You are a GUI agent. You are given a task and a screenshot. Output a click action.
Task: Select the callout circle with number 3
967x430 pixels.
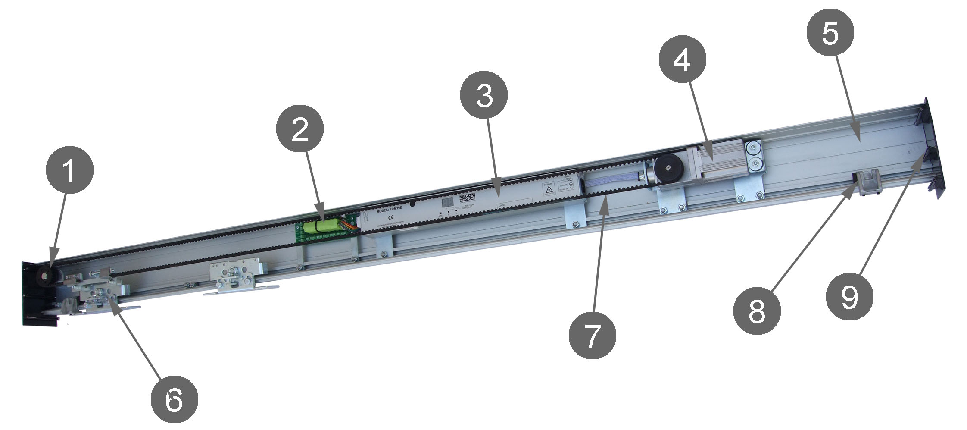(x=483, y=96)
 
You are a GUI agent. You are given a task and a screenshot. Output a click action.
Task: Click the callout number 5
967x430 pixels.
(x=830, y=34)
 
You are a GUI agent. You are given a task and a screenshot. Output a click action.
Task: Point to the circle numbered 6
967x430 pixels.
(x=174, y=402)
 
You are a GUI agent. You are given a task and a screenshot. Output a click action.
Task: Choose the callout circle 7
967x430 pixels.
(x=592, y=336)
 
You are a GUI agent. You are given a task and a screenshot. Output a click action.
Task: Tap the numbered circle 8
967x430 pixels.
(x=757, y=311)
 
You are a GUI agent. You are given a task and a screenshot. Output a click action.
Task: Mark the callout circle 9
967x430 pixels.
(x=849, y=297)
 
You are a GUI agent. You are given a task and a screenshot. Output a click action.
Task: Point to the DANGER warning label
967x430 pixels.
(x=549, y=188)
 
